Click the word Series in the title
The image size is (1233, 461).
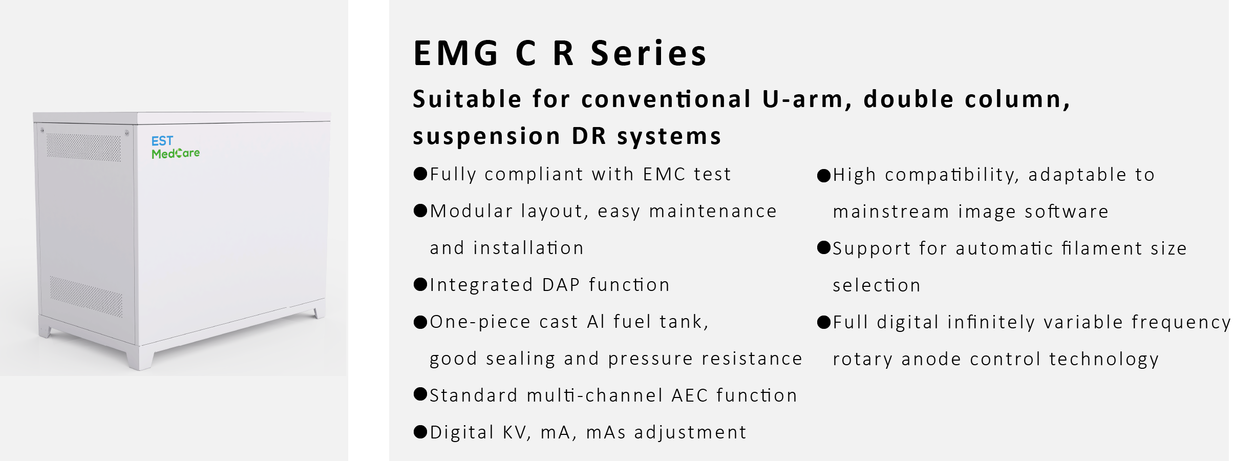pyautogui.click(x=648, y=53)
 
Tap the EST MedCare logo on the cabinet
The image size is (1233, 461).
pyautogui.click(x=176, y=148)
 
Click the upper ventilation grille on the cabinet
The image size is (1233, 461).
pyautogui.click(x=84, y=148)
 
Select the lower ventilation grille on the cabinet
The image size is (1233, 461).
pyautogui.click(x=86, y=297)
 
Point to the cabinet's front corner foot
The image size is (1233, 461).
pyautogui.click(x=140, y=359)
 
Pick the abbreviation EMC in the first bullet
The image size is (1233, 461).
pyautogui.click(x=664, y=174)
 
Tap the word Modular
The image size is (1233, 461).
pyautogui.click(x=471, y=211)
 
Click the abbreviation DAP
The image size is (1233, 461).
pyautogui.click(x=561, y=285)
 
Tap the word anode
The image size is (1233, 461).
pyautogui.click(x=931, y=359)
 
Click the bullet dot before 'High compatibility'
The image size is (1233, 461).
pyautogui.click(x=824, y=176)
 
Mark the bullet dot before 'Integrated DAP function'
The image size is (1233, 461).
pyautogui.click(x=420, y=284)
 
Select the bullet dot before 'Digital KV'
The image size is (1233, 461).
pyautogui.click(x=420, y=432)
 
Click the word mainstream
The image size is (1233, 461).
pyautogui.click(x=891, y=212)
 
